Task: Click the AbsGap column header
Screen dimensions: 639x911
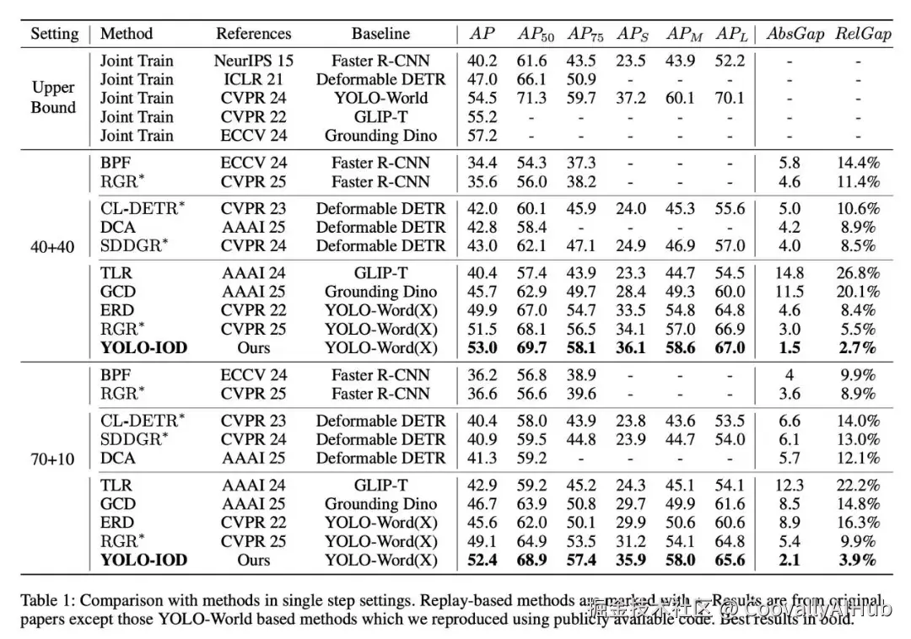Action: [x=795, y=35]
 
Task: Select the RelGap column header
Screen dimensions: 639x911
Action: [x=863, y=35]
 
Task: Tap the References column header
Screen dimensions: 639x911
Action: [x=254, y=35]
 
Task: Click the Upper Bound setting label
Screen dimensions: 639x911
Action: [x=53, y=98]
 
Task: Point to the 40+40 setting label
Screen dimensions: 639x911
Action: [x=53, y=246]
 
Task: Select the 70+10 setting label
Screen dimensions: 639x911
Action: [x=53, y=459]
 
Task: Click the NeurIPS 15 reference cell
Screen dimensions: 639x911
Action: [x=254, y=62]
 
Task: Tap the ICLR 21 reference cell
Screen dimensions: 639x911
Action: [x=254, y=80]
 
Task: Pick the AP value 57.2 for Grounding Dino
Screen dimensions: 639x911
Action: [x=482, y=136]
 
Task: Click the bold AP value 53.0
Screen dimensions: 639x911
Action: [x=482, y=348]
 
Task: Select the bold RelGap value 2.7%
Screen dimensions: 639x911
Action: [x=857, y=348]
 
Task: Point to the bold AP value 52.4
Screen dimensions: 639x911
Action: [x=482, y=561]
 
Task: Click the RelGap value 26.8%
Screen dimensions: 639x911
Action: [x=857, y=274]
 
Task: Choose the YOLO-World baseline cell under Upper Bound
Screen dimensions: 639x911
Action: [x=380, y=99]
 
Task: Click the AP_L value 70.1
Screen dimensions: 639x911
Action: [x=730, y=99]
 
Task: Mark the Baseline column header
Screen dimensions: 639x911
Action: [x=380, y=35]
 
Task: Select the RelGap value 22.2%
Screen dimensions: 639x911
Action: [x=857, y=486]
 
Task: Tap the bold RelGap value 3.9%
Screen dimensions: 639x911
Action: [x=857, y=561]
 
